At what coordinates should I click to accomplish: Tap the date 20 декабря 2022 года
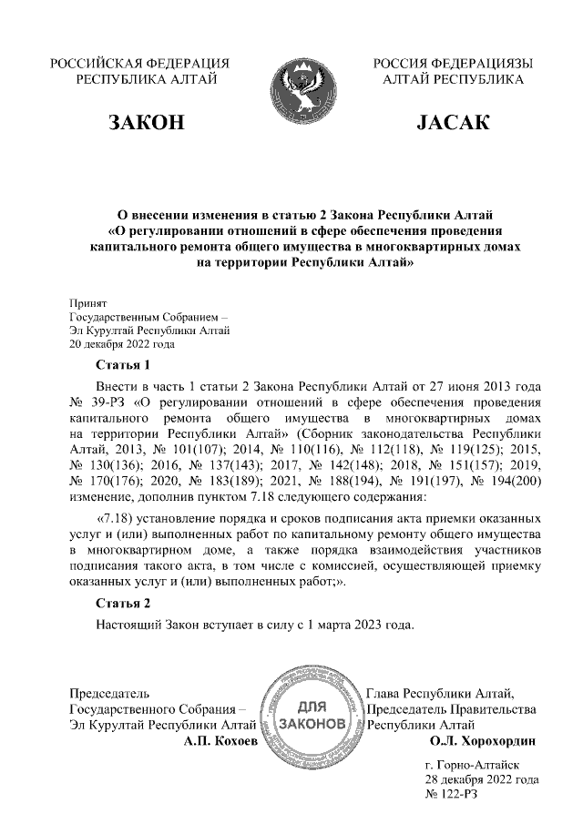coord(122,345)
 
